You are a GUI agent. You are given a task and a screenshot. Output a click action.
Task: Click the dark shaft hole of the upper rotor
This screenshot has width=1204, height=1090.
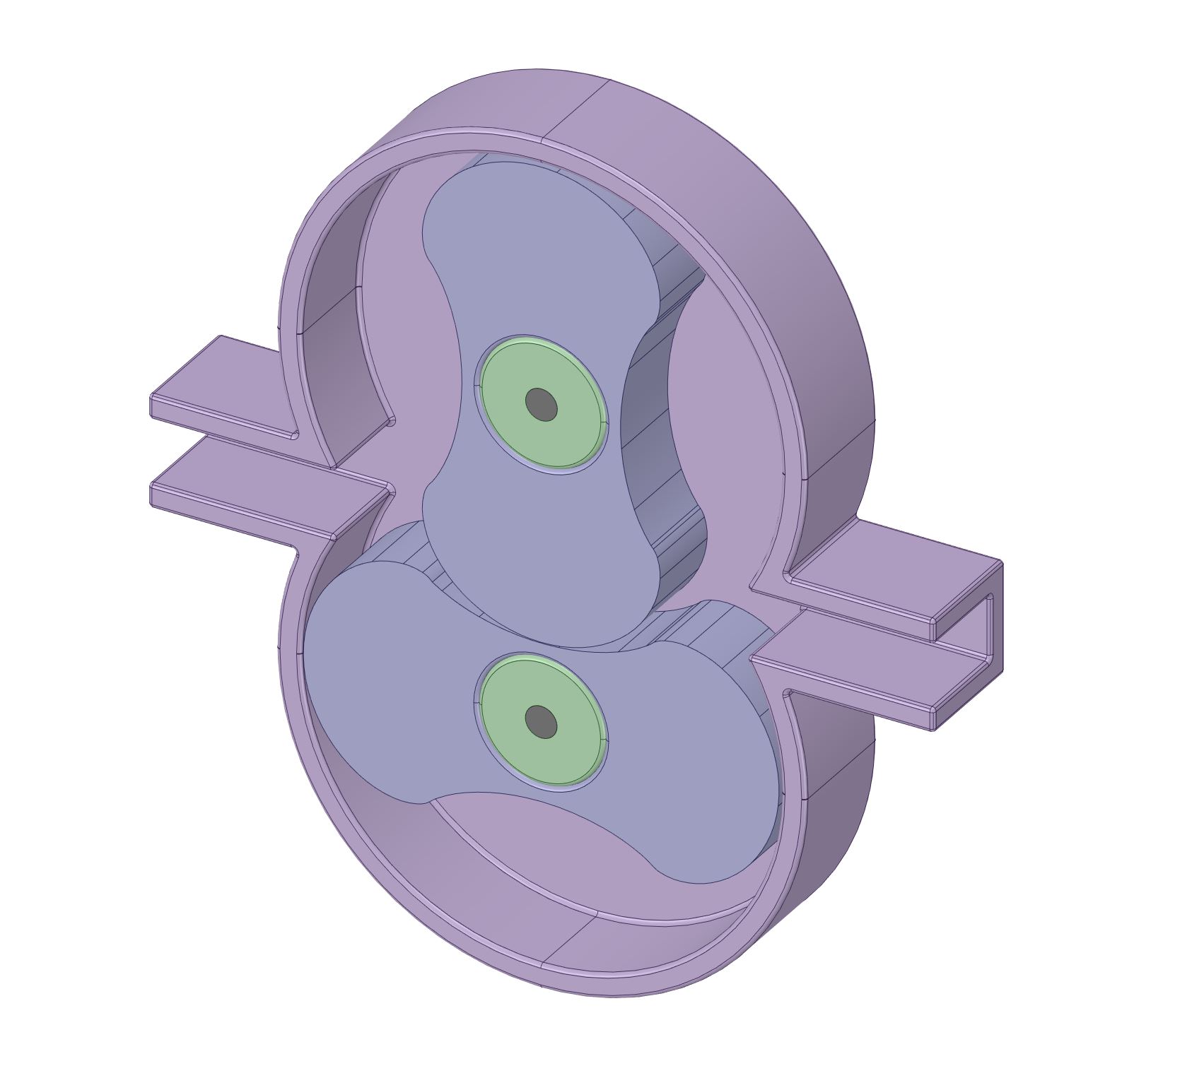click(x=542, y=405)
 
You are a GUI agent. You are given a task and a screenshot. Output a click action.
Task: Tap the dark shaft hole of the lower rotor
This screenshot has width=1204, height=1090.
click(x=542, y=721)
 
